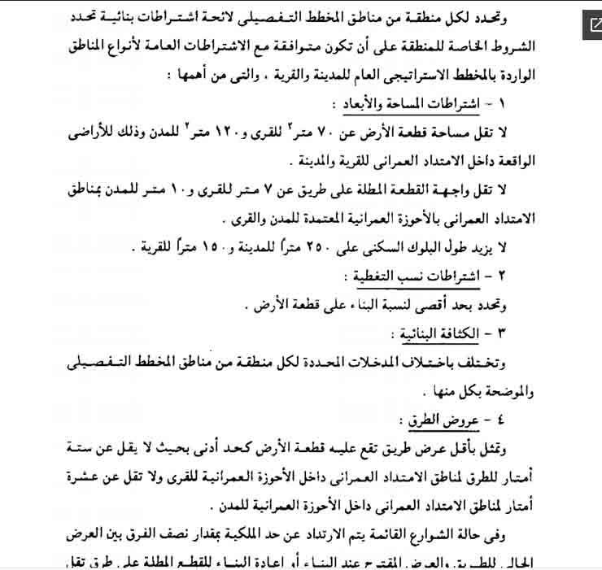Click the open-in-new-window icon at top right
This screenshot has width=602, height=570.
[587, 26]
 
